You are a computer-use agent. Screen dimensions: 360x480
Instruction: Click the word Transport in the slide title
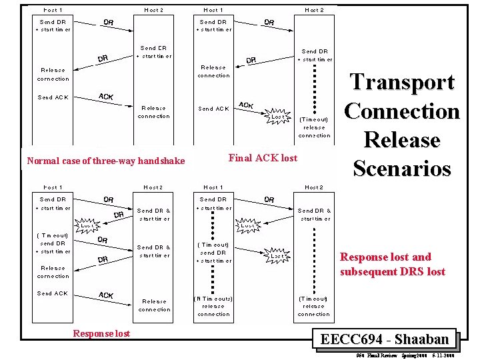tap(402, 83)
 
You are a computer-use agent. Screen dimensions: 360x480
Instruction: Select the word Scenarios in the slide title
tap(402, 168)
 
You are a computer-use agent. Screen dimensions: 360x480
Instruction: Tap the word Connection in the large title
tap(402, 111)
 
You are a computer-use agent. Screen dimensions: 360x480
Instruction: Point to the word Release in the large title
tap(402, 140)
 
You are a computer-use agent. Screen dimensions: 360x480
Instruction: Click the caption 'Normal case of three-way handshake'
tap(106, 161)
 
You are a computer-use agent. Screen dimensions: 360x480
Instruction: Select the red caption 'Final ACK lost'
tap(263, 158)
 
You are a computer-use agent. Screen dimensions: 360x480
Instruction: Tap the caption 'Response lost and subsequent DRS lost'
tap(392, 264)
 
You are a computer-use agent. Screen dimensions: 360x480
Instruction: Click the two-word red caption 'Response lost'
tap(101, 333)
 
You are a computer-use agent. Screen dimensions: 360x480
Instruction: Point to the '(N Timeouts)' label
tap(213, 298)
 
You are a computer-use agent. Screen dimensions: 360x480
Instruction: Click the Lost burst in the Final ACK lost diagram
tap(277, 116)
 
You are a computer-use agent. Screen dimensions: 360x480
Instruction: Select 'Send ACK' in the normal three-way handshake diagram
tap(53, 97)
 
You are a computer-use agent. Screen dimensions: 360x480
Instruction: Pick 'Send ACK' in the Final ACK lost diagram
tap(213, 109)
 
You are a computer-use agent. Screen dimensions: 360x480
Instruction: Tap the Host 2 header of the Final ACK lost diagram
tap(314, 10)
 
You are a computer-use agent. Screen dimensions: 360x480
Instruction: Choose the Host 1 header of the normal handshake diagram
tap(53, 10)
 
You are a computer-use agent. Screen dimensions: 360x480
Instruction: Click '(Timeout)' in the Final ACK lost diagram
tap(314, 119)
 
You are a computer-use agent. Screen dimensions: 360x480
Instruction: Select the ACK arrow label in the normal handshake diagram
tap(105, 97)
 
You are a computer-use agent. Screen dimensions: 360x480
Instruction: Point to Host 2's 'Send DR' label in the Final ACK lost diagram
tap(314, 51)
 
